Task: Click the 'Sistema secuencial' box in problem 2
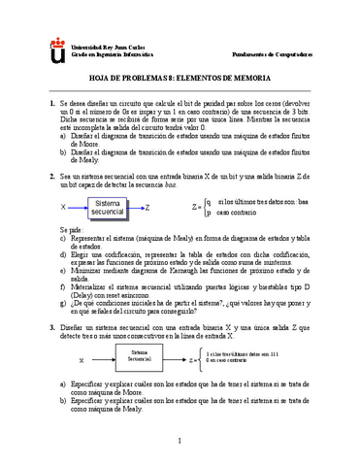point(114,206)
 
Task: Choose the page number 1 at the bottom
point(180,443)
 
